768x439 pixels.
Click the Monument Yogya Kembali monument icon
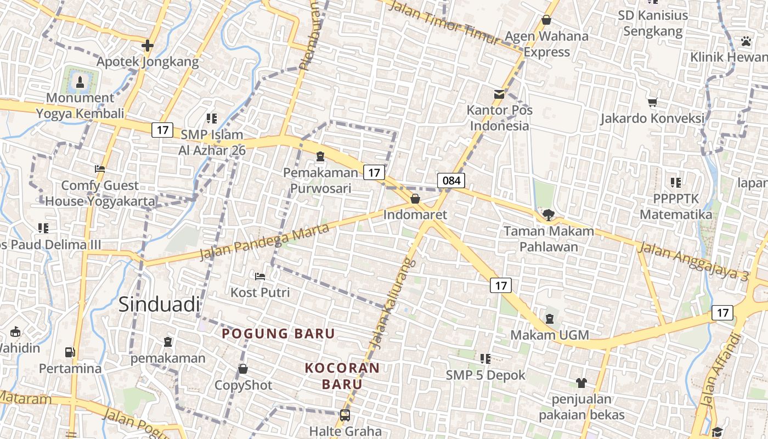point(81,82)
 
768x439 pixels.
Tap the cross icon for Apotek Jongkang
point(147,45)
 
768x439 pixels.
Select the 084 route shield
point(451,181)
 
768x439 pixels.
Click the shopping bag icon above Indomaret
point(415,199)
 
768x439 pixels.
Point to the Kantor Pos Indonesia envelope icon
point(499,94)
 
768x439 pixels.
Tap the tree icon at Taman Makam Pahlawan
point(548,215)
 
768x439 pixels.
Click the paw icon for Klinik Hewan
point(746,41)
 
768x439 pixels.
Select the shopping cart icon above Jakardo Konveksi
point(652,102)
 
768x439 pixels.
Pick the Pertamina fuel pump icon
point(70,352)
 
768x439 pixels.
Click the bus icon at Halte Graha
point(345,415)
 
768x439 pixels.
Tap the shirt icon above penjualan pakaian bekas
point(581,382)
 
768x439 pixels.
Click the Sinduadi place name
point(159,305)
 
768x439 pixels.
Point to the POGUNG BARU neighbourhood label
point(278,334)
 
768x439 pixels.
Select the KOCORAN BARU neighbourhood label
point(342,376)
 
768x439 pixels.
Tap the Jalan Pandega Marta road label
point(264,242)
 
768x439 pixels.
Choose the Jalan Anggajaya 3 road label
point(693,262)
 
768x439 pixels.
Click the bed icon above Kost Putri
point(260,275)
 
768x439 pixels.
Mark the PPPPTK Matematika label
point(676,206)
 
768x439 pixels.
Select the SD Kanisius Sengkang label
point(653,23)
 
